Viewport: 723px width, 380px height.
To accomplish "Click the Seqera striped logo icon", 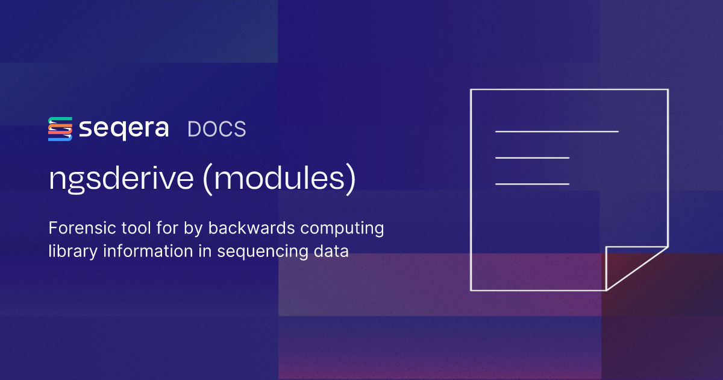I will click(x=60, y=129).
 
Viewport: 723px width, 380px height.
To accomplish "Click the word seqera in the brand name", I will click(x=124, y=129).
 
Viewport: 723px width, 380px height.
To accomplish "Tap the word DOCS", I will click(x=217, y=129).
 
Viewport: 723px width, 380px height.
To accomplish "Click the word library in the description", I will click(x=67, y=251).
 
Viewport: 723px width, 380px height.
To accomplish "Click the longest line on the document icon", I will click(x=557, y=131).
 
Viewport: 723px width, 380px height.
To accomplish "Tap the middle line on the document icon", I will click(x=532, y=157).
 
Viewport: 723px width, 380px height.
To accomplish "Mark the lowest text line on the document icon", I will click(x=532, y=183).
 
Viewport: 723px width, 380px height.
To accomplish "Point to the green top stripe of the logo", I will click(x=60, y=119).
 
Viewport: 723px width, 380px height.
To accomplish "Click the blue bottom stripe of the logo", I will click(x=60, y=139).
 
